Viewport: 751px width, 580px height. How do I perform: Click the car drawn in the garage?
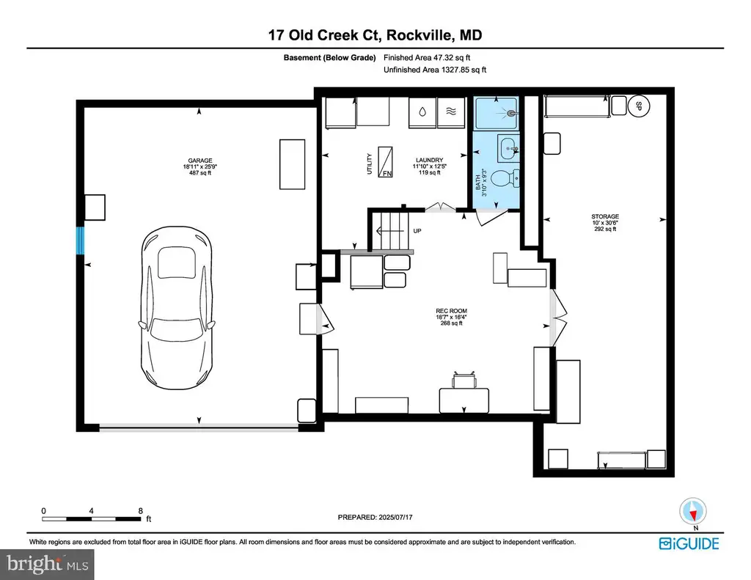(x=177, y=309)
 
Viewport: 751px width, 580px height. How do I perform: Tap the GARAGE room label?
(x=199, y=161)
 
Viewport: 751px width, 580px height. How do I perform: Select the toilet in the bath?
(x=506, y=178)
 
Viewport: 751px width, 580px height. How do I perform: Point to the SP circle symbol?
(x=639, y=106)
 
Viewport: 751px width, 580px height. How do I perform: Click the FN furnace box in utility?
(x=385, y=162)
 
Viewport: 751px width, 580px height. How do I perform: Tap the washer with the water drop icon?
(x=422, y=112)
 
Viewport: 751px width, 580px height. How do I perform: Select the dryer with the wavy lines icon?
(x=451, y=112)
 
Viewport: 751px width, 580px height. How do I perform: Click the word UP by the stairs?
(x=417, y=231)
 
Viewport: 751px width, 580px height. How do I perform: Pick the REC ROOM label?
(x=451, y=311)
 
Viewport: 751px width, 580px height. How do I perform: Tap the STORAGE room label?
(x=605, y=216)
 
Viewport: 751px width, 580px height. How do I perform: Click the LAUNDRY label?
(x=429, y=160)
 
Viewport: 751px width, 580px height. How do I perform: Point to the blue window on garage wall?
(x=81, y=241)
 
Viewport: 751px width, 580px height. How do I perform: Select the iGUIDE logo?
(x=689, y=543)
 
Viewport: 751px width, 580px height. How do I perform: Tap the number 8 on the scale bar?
(x=140, y=510)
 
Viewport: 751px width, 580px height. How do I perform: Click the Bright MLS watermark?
(x=47, y=564)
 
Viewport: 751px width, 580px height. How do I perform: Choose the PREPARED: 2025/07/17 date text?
(x=375, y=517)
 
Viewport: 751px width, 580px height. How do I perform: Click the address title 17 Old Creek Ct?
(x=323, y=35)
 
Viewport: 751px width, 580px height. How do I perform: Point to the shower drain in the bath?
(x=512, y=114)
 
